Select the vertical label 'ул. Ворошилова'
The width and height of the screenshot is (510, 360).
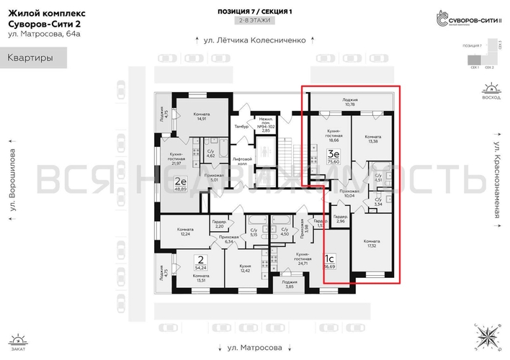(x=12, y=180)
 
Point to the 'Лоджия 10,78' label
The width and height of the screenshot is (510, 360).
(x=350, y=102)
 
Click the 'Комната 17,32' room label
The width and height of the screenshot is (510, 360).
(x=372, y=243)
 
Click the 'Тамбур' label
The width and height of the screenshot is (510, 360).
(x=241, y=127)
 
